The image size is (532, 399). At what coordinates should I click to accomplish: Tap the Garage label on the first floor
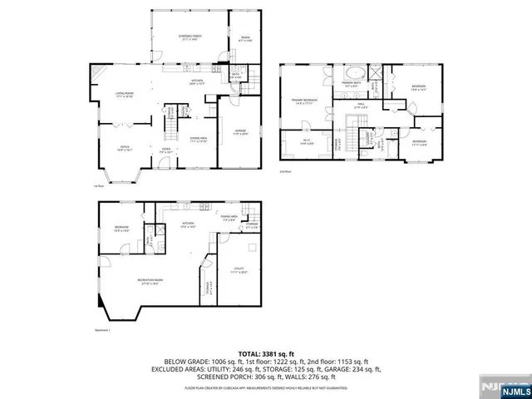coord(240,131)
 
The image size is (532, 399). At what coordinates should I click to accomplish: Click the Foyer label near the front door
coord(166,150)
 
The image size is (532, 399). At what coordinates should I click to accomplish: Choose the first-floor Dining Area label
coord(199,139)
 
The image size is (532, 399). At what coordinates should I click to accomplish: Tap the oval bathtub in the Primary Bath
coord(346,72)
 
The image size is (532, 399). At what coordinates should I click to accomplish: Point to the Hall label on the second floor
coord(360,106)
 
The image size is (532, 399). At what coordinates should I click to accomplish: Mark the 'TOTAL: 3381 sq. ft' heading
coord(266,352)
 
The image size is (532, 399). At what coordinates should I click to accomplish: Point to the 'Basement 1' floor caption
coord(104,331)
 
